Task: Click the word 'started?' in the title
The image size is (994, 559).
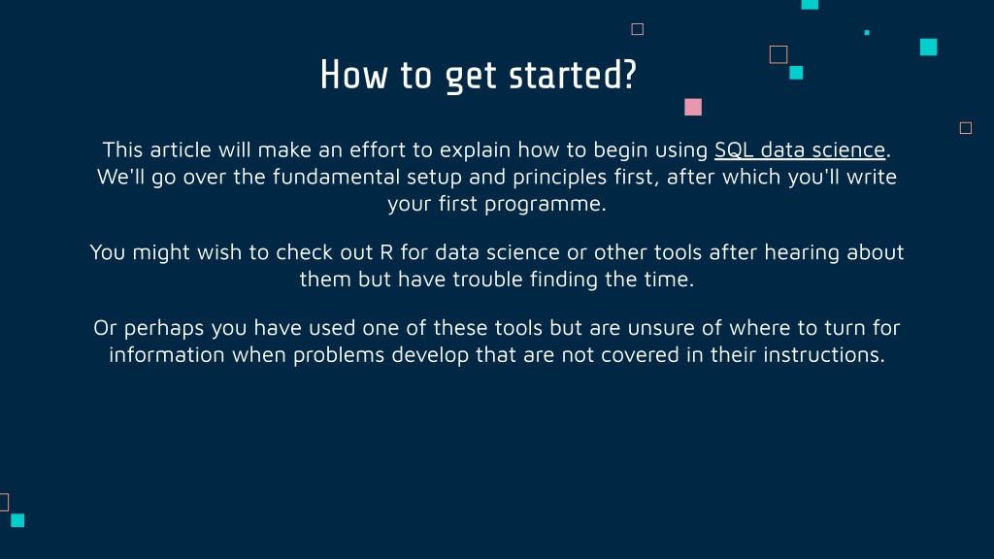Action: [573, 75]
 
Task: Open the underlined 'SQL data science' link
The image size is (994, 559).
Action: [800, 149]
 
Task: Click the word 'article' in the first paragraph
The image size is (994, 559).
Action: [180, 149]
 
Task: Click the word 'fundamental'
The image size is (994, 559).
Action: [336, 177]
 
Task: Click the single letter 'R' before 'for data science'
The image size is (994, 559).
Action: [386, 252]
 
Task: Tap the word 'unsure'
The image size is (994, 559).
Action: [661, 328]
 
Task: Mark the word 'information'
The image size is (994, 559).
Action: [167, 354]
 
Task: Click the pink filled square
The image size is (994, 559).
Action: [693, 107]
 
